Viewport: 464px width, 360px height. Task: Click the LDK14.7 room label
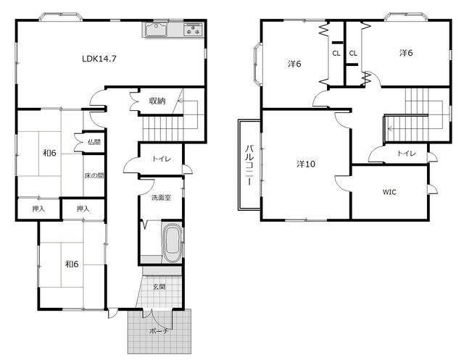(99, 59)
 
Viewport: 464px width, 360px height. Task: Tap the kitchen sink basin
(157, 30)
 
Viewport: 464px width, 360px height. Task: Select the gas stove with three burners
(194, 30)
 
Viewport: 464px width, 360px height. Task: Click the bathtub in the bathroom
(172, 243)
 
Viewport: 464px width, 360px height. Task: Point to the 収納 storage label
(157, 101)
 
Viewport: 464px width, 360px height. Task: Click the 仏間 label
(94, 142)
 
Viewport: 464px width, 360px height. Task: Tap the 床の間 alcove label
(94, 175)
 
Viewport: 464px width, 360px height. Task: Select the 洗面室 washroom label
(161, 198)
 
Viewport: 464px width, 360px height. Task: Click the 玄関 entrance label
(159, 287)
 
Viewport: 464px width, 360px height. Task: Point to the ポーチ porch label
(159, 331)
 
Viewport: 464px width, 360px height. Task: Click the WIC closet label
(389, 192)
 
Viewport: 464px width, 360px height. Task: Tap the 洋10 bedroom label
(306, 164)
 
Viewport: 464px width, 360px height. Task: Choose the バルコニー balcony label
(249, 165)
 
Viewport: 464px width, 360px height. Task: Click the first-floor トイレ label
(162, 159)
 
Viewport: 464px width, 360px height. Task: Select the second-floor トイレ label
(406, 153)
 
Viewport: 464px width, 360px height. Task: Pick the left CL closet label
(336, 54)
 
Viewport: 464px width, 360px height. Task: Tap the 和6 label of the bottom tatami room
(72, 264)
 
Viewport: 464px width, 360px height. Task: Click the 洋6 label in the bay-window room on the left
(294, 64)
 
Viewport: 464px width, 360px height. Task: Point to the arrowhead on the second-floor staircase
(390, 129)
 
